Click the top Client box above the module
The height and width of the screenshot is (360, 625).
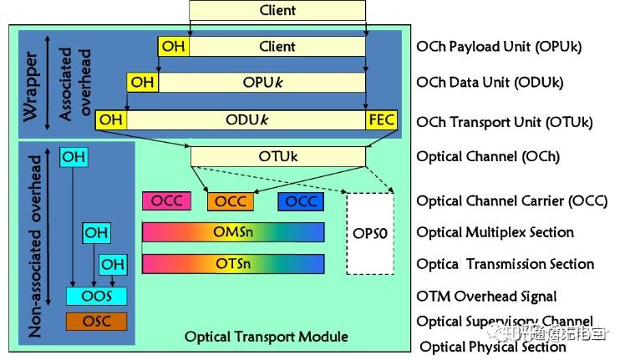(277, 11)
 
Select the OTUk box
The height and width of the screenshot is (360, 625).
(277, 156)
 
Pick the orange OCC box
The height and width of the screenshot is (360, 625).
(231, 201)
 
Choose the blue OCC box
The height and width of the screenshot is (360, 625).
(301, 201)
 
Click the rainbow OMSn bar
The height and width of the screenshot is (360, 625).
(233, 232)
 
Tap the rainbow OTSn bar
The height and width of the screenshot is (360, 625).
(233, 264)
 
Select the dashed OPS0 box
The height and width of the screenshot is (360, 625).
(369, 233)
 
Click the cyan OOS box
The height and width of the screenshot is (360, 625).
(95, 296)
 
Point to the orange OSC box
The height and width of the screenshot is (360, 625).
(95, 322)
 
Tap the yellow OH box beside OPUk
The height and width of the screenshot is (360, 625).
(143, 82)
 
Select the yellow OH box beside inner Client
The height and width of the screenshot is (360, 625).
(173, 46)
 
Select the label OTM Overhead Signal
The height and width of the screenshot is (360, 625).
(486, 296)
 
